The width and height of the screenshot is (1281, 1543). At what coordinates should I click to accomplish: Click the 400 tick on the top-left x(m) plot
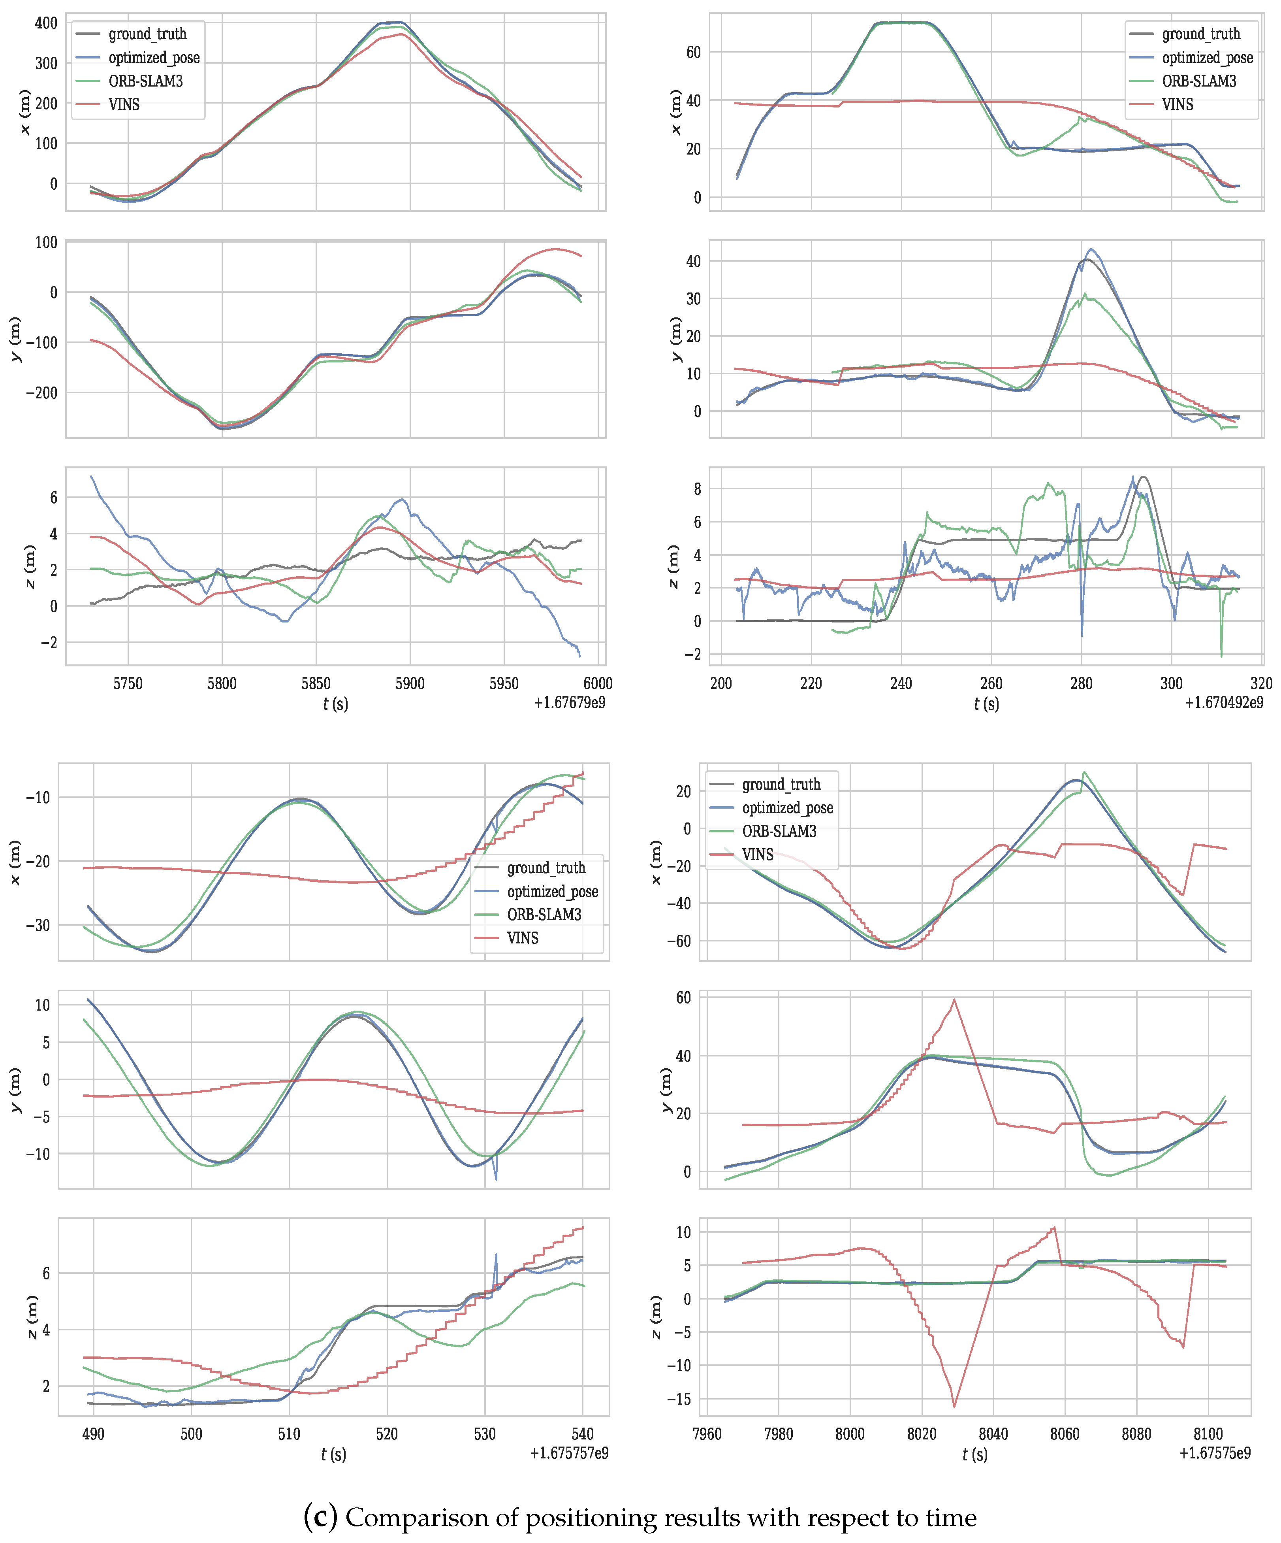[x=45, y=23]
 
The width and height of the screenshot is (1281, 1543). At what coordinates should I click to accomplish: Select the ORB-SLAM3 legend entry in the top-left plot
[x=145, y=81]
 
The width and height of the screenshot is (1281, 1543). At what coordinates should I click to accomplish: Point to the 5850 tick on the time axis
[x=316, y=683]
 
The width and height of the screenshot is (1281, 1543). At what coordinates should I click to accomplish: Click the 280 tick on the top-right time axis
[x=1081, y=683]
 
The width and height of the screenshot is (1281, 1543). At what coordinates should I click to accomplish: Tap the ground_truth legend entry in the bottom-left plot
[x=546, y=868]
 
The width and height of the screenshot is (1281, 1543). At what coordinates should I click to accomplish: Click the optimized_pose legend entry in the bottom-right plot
[x=787, y=807]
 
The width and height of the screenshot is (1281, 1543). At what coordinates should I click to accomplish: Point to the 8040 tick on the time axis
[x=993, y=1434]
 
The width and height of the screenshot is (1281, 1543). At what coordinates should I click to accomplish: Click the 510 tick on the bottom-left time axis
[x=289, y=1434]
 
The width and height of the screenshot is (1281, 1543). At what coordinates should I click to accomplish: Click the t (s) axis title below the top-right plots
[x=986, y=704]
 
